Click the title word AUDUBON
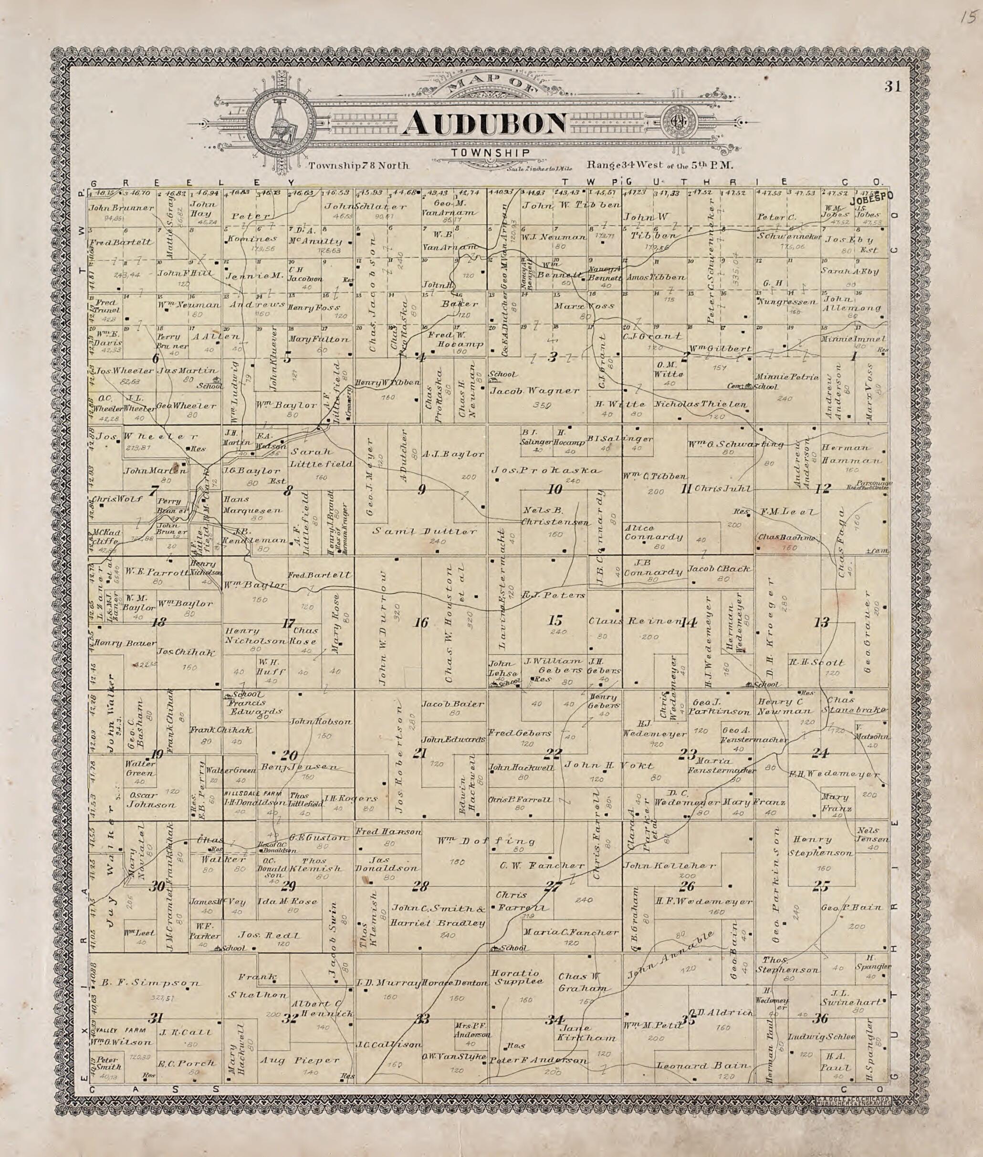[x=484, y=123]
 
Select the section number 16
[x=421, y=622]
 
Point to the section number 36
[x=820, y=1019]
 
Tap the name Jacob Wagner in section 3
[x=534, y=391]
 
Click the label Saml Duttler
[x=425, y=531]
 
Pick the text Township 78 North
[x=359, y=165]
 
